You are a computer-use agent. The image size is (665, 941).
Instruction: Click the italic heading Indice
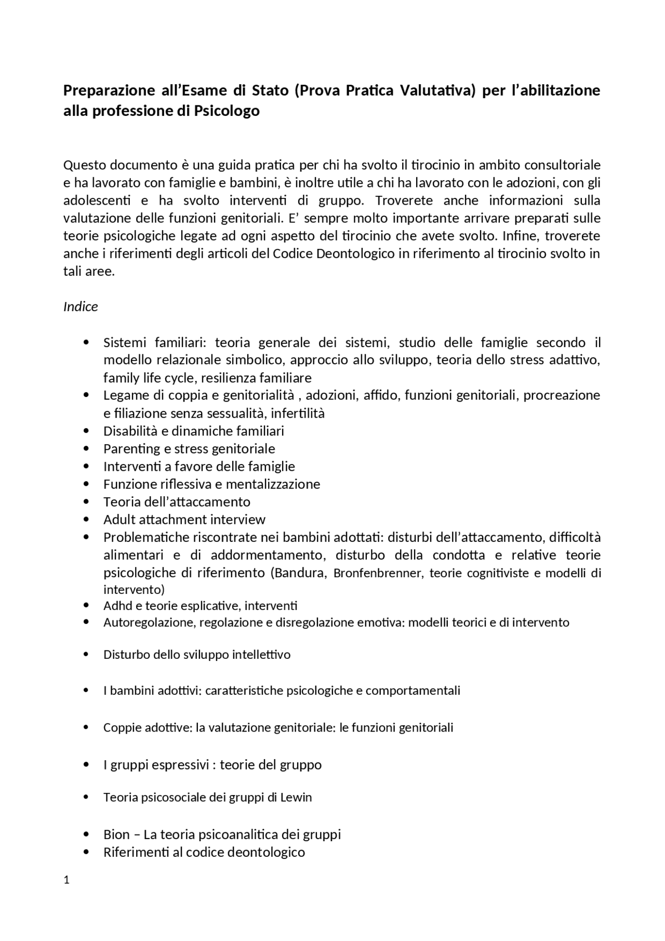81,307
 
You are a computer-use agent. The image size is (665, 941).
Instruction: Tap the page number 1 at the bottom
66,880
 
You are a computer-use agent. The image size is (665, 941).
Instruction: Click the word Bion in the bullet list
116,834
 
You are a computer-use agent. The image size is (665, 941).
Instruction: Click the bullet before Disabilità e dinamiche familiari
86,431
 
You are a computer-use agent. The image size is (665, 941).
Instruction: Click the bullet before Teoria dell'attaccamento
86,501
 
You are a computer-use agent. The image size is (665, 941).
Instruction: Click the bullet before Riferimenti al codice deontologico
86,852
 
